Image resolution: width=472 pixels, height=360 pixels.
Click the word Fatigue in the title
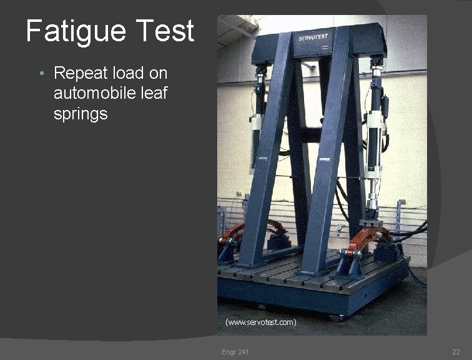coord(75,31)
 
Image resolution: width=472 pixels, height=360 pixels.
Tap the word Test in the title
coord(164,31)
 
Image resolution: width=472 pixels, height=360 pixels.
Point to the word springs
coord(81,115)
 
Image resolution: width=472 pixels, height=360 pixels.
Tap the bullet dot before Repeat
coord(41,74)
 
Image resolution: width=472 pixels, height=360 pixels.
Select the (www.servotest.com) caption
coord(261,322)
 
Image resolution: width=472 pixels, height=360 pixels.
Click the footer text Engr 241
coord(235,352)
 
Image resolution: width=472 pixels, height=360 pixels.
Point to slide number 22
coord(456,352)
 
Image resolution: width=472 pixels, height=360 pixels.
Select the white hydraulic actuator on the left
coord(258,131)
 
